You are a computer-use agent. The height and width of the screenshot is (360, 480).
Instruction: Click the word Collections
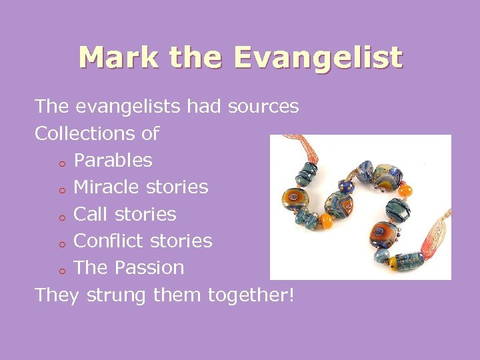79,133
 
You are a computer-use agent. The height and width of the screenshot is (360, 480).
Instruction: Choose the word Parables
113,160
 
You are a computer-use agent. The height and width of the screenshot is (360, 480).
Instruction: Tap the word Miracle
107,187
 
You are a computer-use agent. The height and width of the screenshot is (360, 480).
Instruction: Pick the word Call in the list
89,214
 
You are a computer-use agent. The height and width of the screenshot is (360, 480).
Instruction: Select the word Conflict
109,241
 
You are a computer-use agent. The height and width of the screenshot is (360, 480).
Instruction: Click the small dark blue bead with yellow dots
345,185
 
